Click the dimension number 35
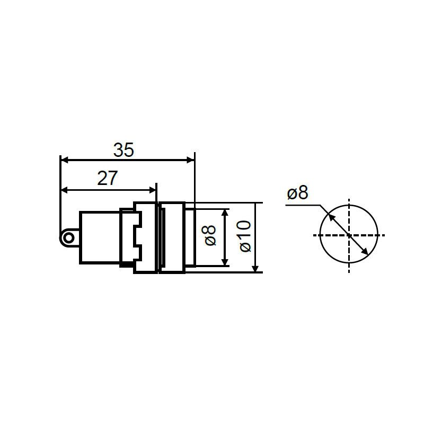[123, 150]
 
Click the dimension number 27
[108, 179]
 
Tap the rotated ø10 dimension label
[245, 236]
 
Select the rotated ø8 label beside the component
[210, 235]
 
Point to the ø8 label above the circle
[297, 193]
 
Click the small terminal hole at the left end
[69, 238]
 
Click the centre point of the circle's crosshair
[349, 235]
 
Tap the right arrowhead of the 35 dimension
[191, 161]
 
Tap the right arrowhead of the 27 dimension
[153, 190]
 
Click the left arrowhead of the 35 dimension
[65, 161]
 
